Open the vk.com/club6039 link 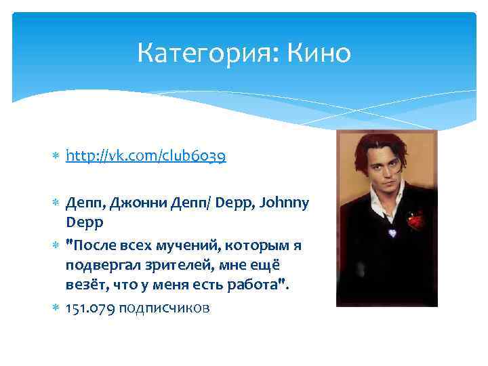click(x=146, y=157)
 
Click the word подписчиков click(x=163, y=308)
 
